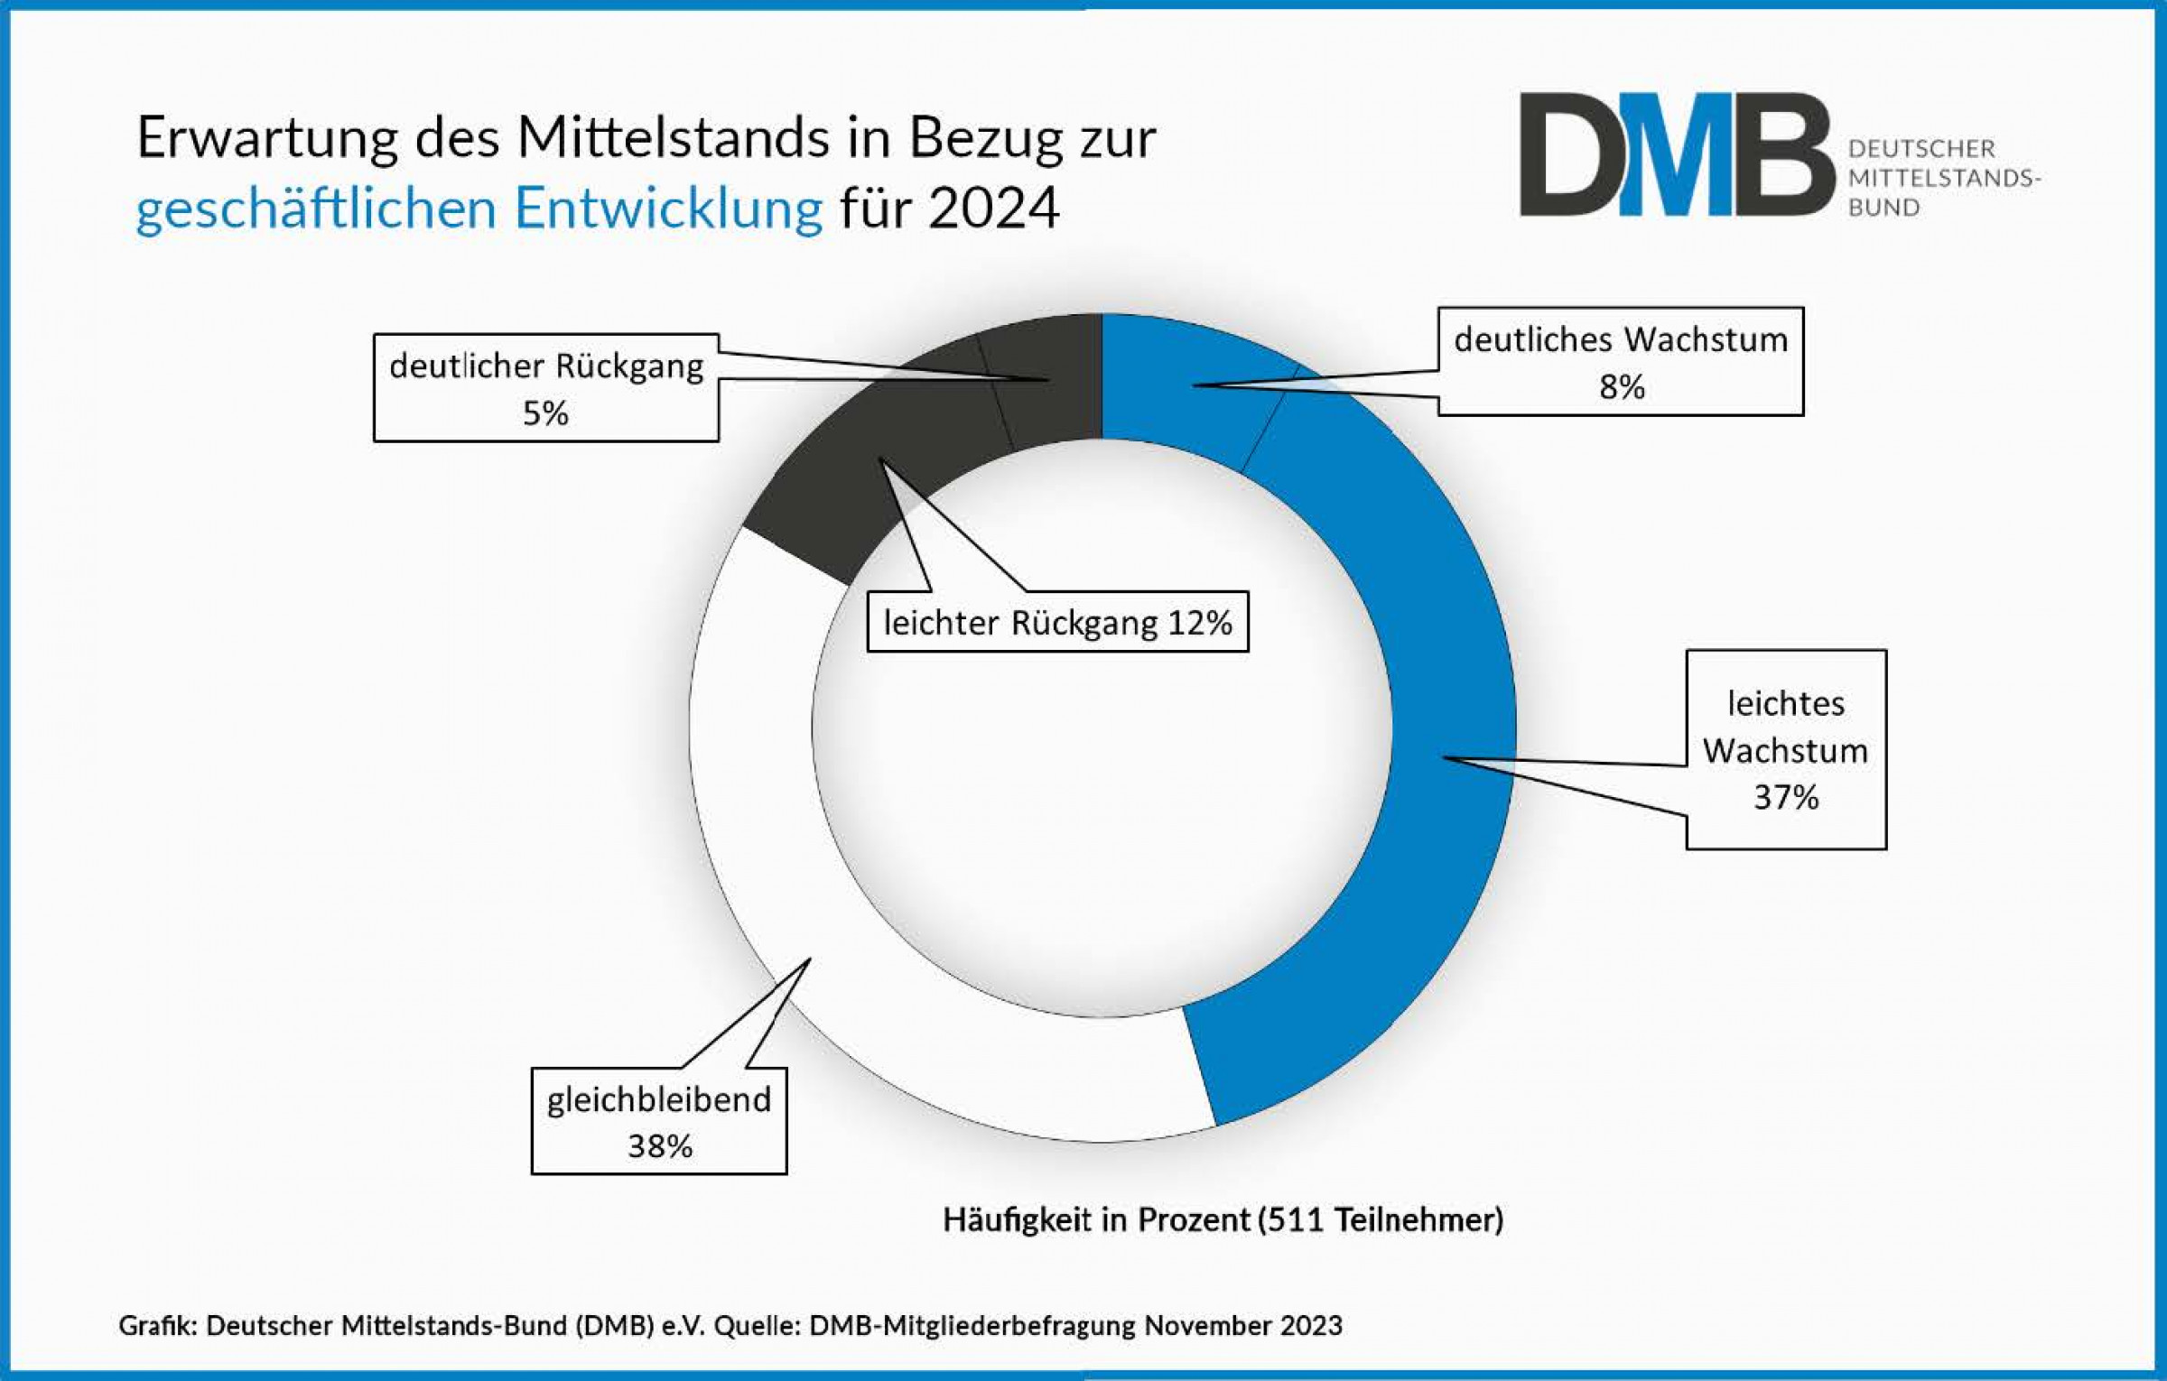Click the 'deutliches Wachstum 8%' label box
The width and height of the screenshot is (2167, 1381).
1621,362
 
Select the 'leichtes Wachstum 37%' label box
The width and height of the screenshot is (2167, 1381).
1785,749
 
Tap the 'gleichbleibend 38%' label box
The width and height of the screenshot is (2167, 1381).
659,1121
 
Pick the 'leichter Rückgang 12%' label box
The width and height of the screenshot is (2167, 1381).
1057,623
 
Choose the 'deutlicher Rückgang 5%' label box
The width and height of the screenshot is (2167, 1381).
546,388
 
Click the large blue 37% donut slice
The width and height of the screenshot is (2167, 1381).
1409,812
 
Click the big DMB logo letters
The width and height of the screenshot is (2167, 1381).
1675,155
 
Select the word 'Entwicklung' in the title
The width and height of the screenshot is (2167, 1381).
668,208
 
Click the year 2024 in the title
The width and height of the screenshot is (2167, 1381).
993,208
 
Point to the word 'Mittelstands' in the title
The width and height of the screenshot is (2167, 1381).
673,138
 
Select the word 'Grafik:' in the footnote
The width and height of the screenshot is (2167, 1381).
157,1325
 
